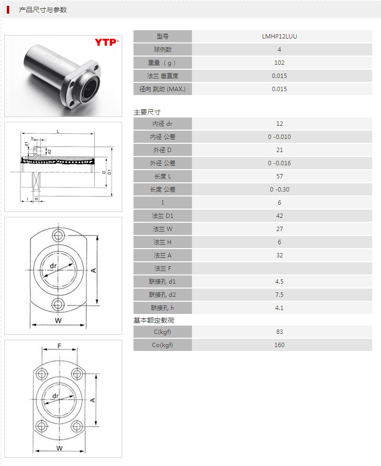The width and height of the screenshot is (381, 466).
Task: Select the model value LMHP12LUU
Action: [279, 36]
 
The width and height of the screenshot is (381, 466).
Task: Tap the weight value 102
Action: [279, 62]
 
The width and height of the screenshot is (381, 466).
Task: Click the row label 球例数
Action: [163, 49]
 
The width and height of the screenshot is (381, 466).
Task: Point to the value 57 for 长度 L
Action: [279, 176]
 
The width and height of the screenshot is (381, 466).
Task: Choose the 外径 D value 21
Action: [279, 150]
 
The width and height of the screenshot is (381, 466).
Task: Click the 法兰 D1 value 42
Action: [279, 215]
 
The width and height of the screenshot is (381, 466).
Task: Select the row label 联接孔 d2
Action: [163, 294]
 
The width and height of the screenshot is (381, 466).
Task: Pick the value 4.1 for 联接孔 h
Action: [279, 308]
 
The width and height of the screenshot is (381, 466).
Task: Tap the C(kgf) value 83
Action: [279, 331]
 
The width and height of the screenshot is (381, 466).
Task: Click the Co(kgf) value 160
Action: [279, 345]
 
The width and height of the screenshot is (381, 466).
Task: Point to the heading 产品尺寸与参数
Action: [43, 10]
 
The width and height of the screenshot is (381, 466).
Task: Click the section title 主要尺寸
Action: [147, 112]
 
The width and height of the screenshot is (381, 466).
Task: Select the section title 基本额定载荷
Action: [154, 320]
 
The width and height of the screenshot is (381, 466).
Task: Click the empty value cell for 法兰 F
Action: [279, 268]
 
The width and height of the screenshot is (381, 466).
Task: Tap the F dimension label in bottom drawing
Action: [59, 346]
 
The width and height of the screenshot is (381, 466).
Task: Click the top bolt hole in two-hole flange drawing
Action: [59, 236]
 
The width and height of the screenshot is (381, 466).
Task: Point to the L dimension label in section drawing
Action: [58, 131]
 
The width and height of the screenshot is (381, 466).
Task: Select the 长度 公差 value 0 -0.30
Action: [279, 189]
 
